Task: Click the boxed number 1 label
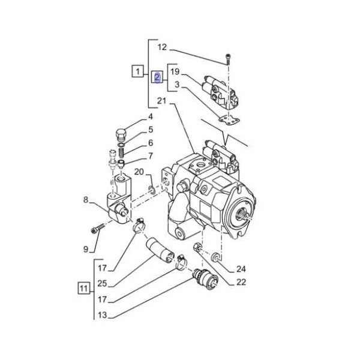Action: tap(137, 73)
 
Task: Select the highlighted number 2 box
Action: tap(157, 77)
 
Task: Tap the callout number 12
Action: tap(162, 47)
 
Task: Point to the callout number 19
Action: tap(175, 72)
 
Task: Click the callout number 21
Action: tap(162, 100)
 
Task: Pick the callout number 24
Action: tap(241, 269)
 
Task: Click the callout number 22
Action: tap(241, 283)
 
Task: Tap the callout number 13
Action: tap(102, 315)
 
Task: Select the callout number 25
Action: tap(102, 283)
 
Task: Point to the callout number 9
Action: tap(86, 249)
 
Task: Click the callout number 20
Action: tap(139, 173)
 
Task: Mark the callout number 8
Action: tap(86, 200)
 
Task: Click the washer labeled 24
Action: tap(214, 257)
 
